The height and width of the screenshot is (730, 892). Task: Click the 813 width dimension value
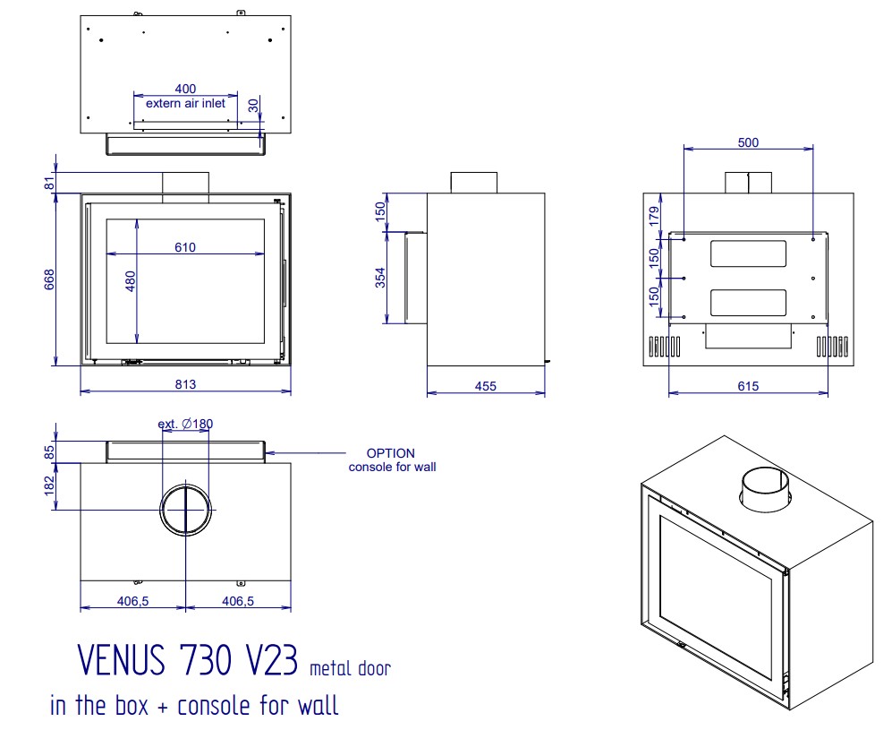[185, 384]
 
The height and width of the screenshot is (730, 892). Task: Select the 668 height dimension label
[49, 279]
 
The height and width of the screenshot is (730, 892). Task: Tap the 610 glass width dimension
[185, 247]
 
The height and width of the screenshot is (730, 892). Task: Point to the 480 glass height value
[131, 281]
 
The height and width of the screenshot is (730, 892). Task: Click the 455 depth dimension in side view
[485, 386]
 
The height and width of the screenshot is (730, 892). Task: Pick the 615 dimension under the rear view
[748, 386]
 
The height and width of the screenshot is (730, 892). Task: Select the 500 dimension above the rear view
[748, 142]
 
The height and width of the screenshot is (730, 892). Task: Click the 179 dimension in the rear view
[654, 216]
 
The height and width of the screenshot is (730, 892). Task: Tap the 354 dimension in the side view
[380, 278]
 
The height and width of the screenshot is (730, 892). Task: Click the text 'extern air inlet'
[185, 103]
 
